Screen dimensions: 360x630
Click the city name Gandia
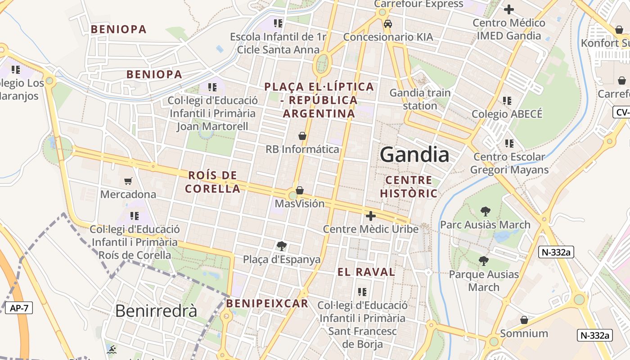coord(414,155)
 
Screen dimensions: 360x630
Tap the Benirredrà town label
coord(156,310)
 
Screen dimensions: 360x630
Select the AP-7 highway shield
coord(18,308)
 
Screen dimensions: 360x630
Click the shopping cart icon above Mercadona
coord(128,181)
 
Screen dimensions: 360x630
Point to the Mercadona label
coord(128,194)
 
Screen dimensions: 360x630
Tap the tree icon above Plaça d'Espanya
coord(282,246)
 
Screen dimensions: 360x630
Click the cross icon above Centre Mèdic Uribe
coord(371,216)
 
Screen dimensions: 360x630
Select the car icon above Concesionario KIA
coord(388,24)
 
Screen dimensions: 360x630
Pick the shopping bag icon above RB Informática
coord(302,135)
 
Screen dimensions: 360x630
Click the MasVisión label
coord(300,203)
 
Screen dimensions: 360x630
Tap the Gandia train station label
coord(420,99)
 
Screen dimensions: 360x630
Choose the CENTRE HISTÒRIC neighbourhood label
coord(409,187)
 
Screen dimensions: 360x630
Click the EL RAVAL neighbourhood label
coord(366,272)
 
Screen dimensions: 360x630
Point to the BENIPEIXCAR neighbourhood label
coord(267,303)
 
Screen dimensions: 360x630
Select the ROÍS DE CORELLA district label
coord(212,182)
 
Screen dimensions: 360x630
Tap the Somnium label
coord(524,333)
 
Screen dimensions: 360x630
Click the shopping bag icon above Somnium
coord(524,320)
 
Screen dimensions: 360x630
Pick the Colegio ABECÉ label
coord(507,114)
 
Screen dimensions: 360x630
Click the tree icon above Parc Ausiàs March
coord(485,211)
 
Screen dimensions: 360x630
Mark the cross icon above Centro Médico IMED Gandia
coord(509,9)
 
